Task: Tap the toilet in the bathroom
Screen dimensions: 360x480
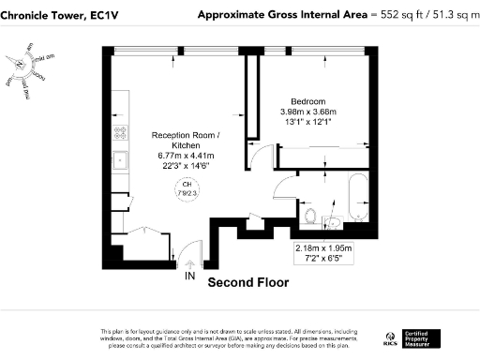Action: (x=311, y=217)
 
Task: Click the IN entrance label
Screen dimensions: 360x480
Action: (x=189, y=278)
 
